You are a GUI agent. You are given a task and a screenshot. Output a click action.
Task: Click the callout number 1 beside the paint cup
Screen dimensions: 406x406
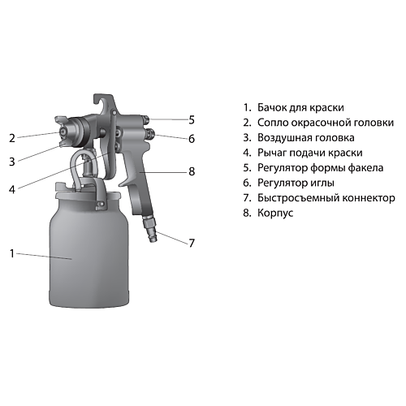pyautogui.click(x=11, y=253)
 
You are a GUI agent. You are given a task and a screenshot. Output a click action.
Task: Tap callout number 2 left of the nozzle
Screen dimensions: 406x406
pyautogui.click(x=12, y=138)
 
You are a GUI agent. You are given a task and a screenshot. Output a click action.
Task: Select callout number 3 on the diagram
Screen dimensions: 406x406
pyautogui.click(x=12, y=162)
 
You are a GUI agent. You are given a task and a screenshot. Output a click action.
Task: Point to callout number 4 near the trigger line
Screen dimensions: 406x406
pyautogui.click(x=12, y=189)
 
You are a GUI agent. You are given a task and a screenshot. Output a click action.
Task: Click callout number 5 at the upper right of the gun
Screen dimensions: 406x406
pyautogui.click(x=192, y=120)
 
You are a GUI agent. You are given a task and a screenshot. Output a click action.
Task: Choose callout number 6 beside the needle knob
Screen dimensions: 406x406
pyautogui.click(x=192, y=139)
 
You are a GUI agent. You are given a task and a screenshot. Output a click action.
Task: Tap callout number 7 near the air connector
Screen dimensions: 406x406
pyautogui.click(x=192, y=243)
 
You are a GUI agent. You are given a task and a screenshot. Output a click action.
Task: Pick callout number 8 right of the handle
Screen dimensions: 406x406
pyautogui.click(x=192, y=171)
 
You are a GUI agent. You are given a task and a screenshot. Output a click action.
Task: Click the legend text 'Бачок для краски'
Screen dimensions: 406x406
pyautogui.click(x=300, y=107)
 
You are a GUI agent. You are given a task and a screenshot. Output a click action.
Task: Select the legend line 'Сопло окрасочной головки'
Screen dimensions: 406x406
pyautogui.click(x=326, y=123)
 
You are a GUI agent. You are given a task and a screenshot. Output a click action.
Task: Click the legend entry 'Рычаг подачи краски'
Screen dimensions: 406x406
pyautogui.click(x=310, y=153)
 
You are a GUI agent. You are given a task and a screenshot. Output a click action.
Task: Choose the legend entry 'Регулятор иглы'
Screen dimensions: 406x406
pyautogui.click(x=296, y=183)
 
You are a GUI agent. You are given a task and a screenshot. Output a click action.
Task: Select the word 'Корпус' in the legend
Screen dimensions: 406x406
pyautogui.click(x=275, y=213)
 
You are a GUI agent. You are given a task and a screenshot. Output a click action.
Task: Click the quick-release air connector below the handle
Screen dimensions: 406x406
pyautogui.click(x=149, y=227)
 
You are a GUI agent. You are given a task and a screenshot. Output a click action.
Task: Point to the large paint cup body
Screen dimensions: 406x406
pyautogui.click(x=89, y=252)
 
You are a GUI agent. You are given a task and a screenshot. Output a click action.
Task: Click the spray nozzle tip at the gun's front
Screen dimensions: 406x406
pyautogui.click(x=63, y=132)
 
